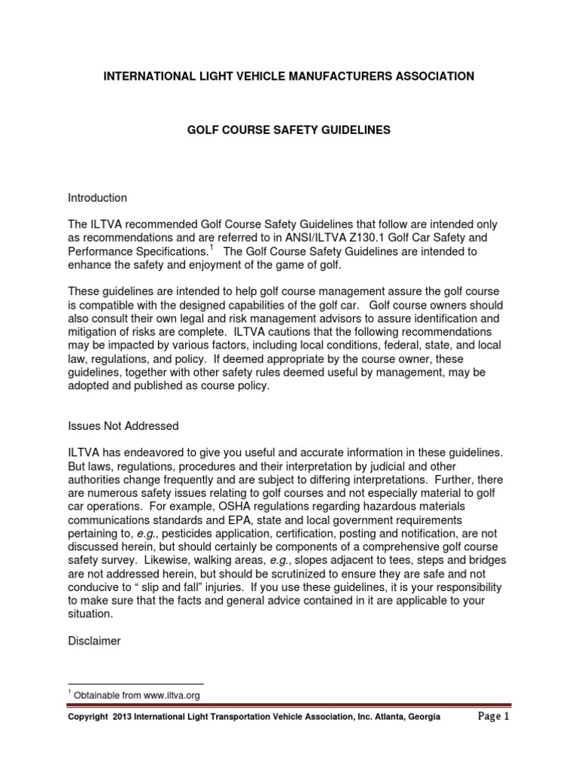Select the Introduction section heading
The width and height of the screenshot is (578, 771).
click(x=98, y=198)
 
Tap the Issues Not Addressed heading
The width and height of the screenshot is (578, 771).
click(x=123, y=426)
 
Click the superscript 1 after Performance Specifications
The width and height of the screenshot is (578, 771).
click(x=212, y=247)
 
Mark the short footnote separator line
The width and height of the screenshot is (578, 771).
click(x=135, y=683)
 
